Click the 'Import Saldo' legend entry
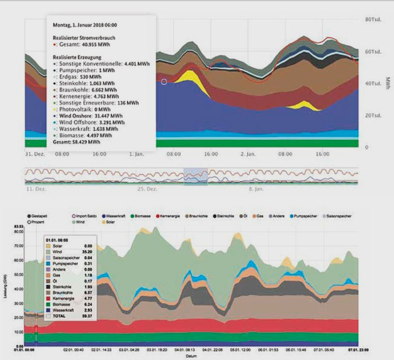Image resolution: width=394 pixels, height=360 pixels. [88, 215]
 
